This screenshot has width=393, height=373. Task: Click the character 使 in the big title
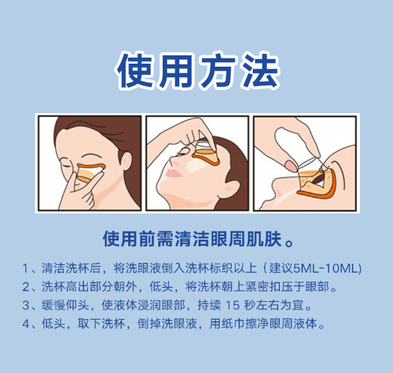click(x=135, y=70)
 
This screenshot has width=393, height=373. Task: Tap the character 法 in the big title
click(x=260, y=70)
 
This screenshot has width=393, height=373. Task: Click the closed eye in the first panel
click(x=67, y=166)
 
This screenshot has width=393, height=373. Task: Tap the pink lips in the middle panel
click(x=172, y=173)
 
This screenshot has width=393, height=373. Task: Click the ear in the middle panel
click(x=230, y=188)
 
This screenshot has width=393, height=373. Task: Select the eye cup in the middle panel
click(x=206, y=154)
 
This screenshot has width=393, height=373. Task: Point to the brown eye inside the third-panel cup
click(x=320, y=178)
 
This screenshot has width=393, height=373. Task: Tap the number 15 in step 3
click(x=232, y=306)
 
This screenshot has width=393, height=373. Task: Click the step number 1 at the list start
click(x=25, y=269)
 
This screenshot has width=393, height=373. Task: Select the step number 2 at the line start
click(x=25, y=287)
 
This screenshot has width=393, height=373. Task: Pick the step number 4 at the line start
click(x=25, y=324)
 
